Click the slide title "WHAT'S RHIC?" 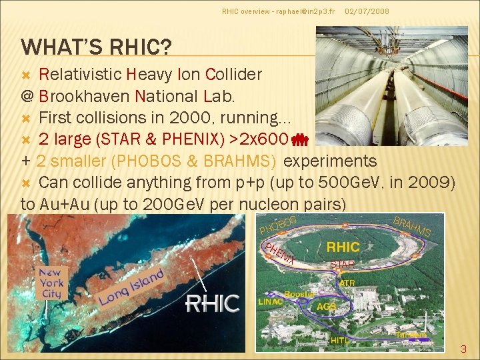coord(97,47)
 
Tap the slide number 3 coord(464,348)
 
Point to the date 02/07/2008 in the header coord(367,12)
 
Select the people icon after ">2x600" coord(299,139)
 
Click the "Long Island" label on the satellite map coord(131,288)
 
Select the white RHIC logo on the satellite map coord(212,304)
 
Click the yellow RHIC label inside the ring coord(343,247)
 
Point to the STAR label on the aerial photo coord(342,265)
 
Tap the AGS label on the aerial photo coord(326,306)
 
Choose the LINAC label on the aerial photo coord(271,301)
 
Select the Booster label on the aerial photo coord(299,294)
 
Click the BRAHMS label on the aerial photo coord(412,226)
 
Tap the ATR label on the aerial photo coord(347,283)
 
